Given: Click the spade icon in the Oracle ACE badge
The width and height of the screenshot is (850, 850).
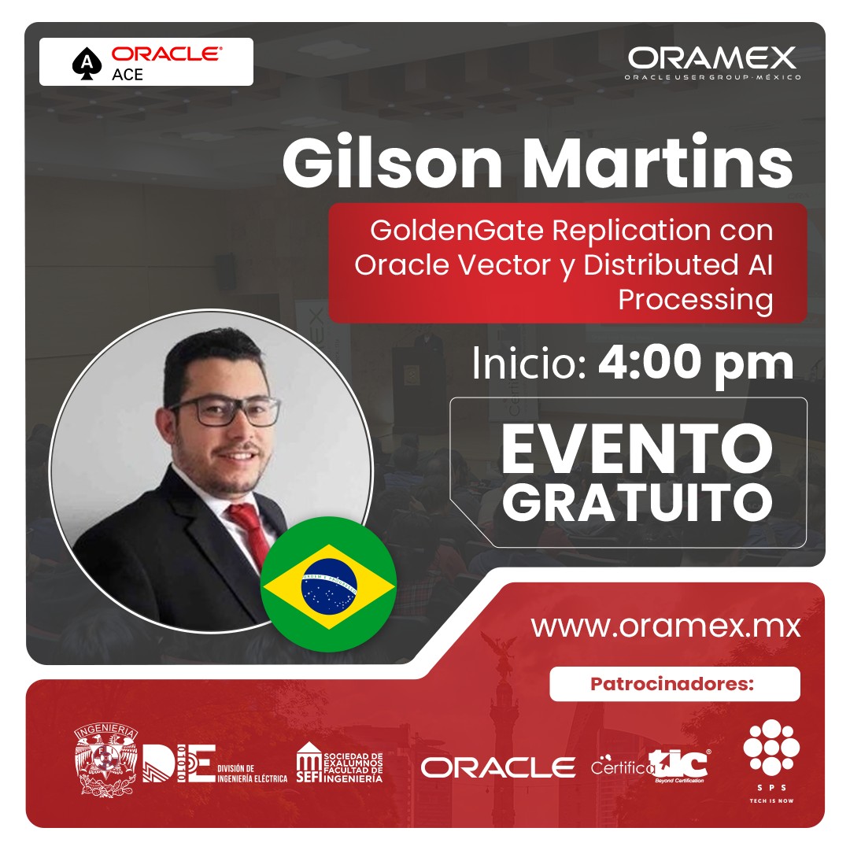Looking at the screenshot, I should tap(83, 63).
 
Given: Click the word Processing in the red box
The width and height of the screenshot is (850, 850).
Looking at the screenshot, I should tap(695, 300).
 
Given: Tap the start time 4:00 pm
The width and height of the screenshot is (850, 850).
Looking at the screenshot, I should tap(696, 363).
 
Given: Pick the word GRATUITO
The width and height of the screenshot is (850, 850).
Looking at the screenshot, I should tap(637, 501).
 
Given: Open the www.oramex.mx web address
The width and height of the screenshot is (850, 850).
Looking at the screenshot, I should tap(665, 626).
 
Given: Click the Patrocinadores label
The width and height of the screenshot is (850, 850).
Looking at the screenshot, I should tap(674, 684).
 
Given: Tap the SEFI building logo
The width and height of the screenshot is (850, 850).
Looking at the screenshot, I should tap(309, 763).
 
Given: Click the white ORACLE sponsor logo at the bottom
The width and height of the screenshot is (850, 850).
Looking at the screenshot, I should tap(498, 767).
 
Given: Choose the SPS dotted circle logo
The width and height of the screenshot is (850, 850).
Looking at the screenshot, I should tap(771, 748).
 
